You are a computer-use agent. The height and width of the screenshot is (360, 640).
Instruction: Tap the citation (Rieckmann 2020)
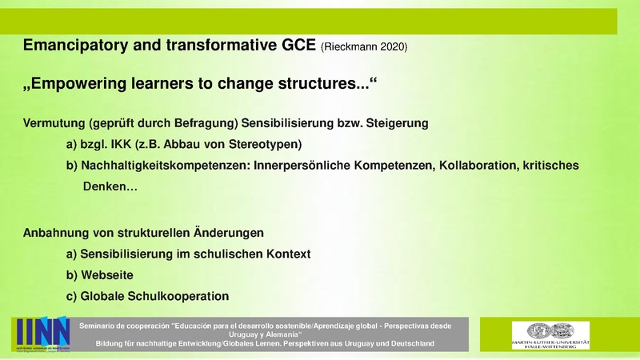click(x=364, y=48)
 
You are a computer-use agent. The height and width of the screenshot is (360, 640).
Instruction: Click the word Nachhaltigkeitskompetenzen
click(x=164, y=166)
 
